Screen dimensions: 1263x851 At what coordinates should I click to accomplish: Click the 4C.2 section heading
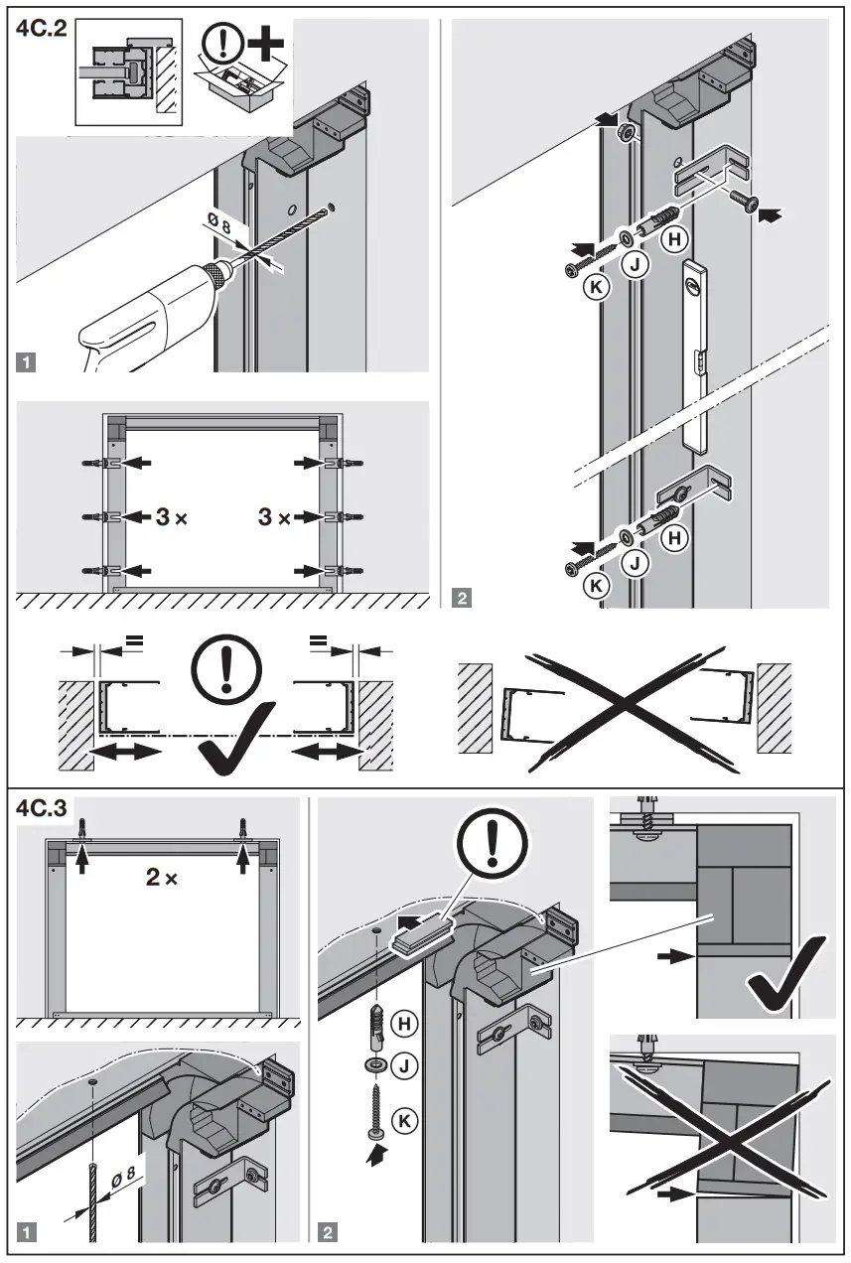coord(41,29)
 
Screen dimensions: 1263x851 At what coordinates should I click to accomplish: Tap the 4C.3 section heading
coord(42,806)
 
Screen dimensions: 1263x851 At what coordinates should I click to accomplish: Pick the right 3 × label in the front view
coord(273,516)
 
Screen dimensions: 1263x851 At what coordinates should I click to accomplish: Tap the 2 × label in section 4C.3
coord(160,878)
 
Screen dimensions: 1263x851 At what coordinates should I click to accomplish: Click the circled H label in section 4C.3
coord(404,1022)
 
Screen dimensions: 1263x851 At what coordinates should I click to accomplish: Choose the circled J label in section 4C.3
coord(404,1067)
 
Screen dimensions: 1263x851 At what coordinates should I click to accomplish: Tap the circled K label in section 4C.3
coord(404,1121)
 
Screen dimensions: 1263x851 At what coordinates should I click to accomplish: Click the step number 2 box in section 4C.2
coord(462,598)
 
